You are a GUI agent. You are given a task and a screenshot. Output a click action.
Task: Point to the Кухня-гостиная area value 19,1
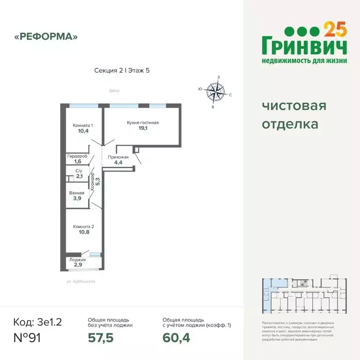click(x=143, y=128)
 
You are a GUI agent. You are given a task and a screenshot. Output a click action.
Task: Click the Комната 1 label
click(x=82, y=125)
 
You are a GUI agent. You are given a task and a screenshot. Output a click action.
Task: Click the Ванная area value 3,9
click(x=77, y=199)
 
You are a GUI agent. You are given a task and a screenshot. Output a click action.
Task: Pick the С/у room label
click(x=78, y=171)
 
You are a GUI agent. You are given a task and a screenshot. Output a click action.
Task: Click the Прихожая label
click(x=118, y=157)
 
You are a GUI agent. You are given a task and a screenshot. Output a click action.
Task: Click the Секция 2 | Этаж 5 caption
click(x=122, y=70)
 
